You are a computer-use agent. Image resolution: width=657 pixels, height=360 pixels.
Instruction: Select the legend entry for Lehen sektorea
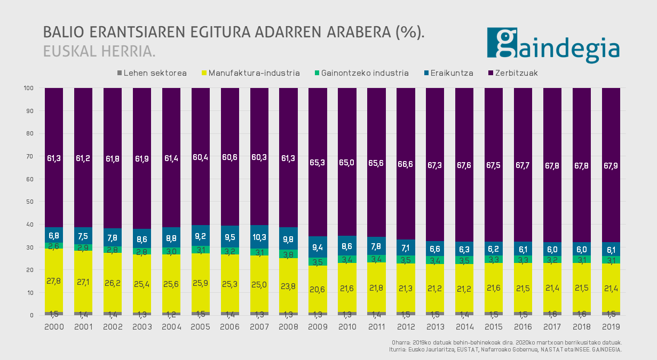point(151,73)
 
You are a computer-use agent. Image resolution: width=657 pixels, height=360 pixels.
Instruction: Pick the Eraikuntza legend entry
point(448,73)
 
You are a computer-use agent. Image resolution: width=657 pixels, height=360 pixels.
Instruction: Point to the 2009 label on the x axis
point(318,326)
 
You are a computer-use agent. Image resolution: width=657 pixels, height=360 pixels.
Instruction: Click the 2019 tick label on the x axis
point(611,326)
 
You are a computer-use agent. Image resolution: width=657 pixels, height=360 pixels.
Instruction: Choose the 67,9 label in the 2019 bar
point(611,157)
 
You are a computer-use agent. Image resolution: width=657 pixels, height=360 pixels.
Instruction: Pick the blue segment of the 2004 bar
point(171,233)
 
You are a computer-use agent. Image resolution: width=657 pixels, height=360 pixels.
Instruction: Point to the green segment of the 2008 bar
point(289,254)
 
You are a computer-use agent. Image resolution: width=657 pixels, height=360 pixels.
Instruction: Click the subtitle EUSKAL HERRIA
point(99,51)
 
